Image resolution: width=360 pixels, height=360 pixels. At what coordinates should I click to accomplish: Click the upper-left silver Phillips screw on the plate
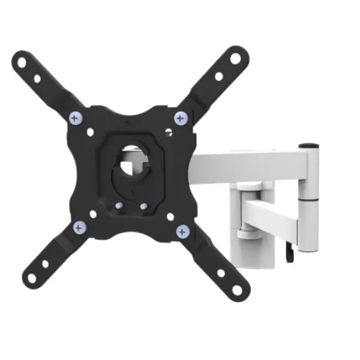[75, 118]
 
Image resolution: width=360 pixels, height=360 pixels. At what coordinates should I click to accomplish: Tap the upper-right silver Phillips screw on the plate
[179, 118]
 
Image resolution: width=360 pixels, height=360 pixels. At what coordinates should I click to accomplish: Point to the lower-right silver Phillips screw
[183, 230]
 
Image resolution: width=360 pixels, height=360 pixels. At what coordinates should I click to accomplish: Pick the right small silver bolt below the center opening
[144, 206]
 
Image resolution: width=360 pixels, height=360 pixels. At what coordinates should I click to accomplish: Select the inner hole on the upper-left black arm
[37, 78]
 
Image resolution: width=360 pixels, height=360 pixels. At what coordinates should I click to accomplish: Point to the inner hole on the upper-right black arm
[219, 76]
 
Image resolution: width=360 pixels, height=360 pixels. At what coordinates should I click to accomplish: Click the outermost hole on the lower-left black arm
[30, 277]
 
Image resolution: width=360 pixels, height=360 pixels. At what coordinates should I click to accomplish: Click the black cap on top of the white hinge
[309, 145]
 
